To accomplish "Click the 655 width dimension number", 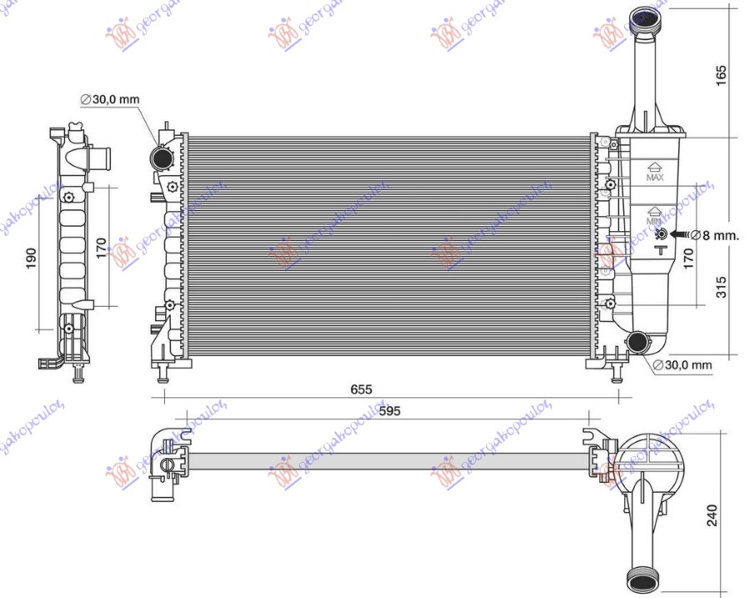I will pyautogui.click(x=360, y=389).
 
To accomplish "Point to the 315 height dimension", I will pyautogui.click(x=722, y=288).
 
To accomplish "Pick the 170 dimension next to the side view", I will pyautogui.click(x=99, y=249).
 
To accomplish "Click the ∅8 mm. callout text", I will pyautogui.click(x=715, y=236).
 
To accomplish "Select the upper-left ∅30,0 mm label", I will pyautogui.click(x=110, y=100).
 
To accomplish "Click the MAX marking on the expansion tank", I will pyautogui.click(x=655, y=177).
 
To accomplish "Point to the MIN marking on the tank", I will pyautogui.click(x=654, y=222).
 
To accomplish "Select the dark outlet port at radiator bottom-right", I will pyautogui.click(x=639, y=340).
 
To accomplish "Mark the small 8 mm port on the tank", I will pyautogui.click(x=660, y=236).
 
